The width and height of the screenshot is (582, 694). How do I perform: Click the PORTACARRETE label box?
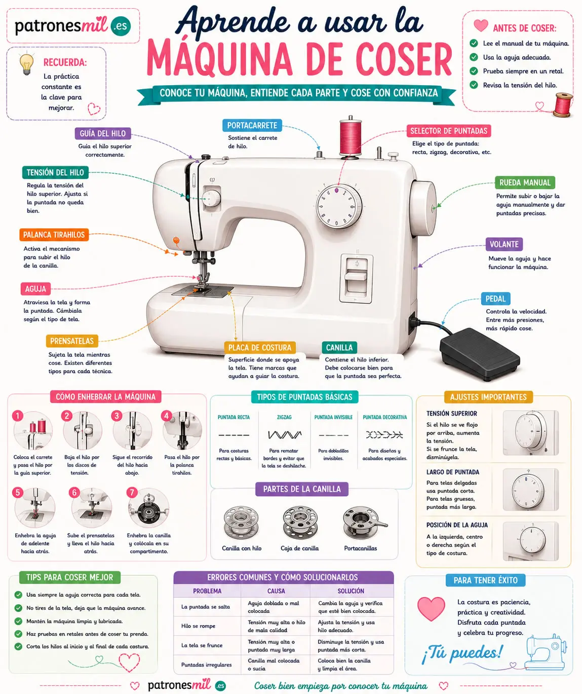[x=252, y=125]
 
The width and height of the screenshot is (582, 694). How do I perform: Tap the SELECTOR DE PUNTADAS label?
[x=448, y=131]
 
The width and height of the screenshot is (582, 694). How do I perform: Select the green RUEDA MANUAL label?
[x=525, y=182]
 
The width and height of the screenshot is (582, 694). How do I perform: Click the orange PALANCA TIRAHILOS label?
[x=54, y=235]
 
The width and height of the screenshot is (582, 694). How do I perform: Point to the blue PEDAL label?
[x=495, y=299]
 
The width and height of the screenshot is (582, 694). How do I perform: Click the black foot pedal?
[x=480, y=353]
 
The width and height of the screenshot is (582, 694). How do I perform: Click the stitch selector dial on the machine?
[x=339, y=206]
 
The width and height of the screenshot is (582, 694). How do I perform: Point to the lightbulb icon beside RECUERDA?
[x=26, y=64]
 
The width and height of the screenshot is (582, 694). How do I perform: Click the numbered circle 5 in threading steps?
[x=18, y=492]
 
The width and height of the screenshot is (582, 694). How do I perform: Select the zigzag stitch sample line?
[x=285, y=434]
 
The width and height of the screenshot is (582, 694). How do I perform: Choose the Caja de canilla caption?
[x=300, y=548]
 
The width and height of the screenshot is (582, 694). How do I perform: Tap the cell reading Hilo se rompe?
[x=199, y=626]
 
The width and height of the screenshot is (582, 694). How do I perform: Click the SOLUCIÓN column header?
[x=351, y=591]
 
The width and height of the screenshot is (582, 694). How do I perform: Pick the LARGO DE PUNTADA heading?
[x=453, y=472]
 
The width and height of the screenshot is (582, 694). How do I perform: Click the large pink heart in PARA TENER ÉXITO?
[x=431, y=608]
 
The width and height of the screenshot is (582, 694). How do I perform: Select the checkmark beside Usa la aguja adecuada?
[x=474, y=57]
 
